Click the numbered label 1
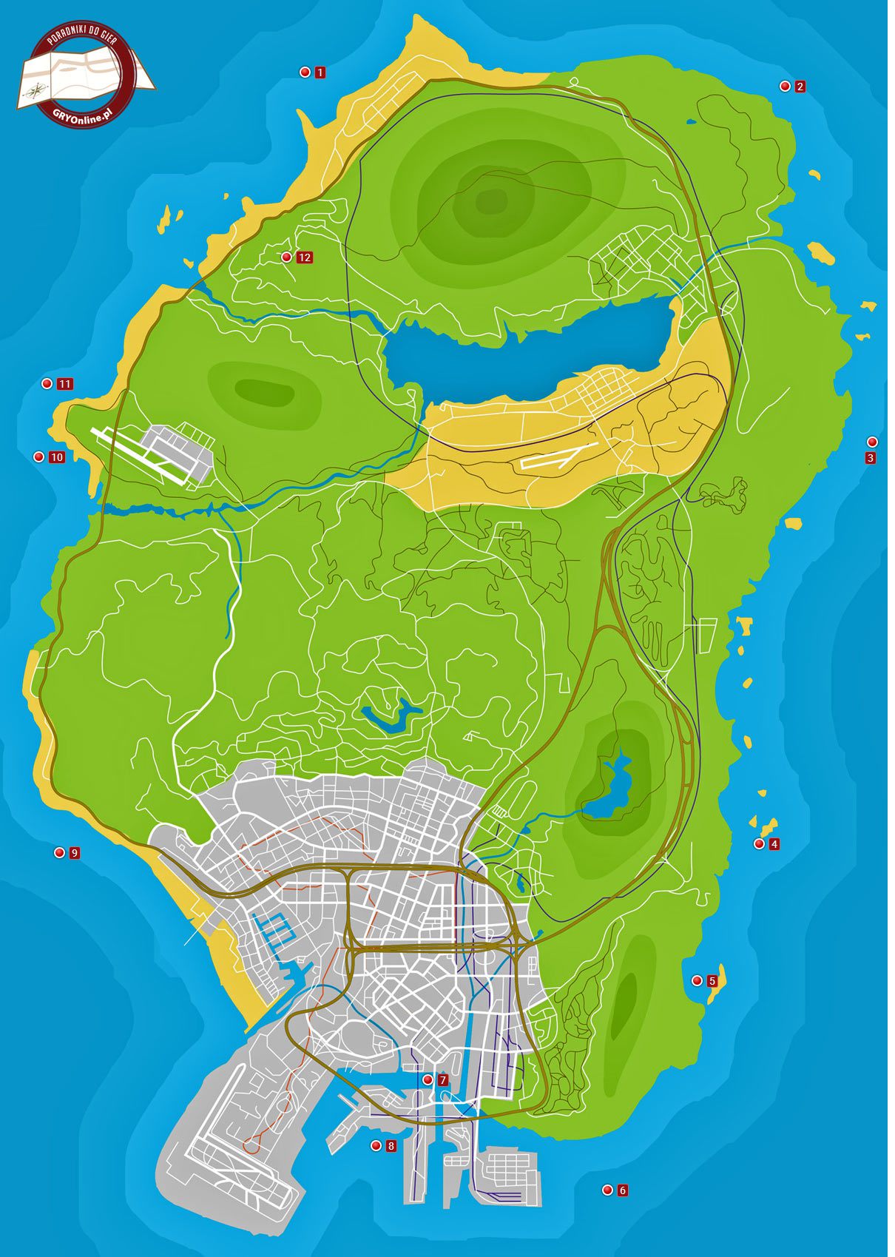320,73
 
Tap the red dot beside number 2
785,87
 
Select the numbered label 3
871,458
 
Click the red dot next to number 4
759,844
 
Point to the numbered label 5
712,981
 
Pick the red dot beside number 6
607,1190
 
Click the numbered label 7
442,1080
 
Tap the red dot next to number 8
376,1146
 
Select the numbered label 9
74,853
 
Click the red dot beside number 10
39,457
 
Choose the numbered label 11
65,384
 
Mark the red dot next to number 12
286,257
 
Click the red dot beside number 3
872,442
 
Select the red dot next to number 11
47,384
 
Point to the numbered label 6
623,1190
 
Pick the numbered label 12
304,257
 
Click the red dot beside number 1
304,72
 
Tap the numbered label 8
391,1146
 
